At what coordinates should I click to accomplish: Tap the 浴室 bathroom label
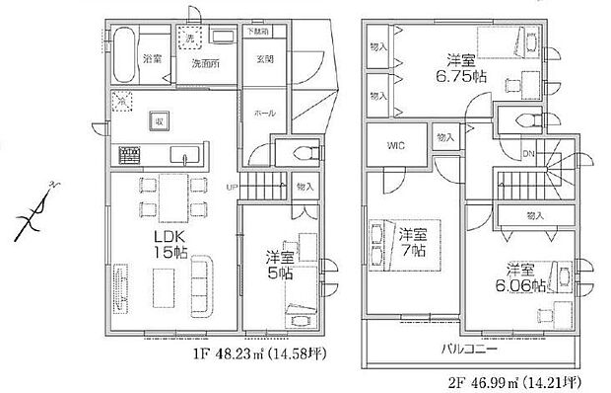point(153,59)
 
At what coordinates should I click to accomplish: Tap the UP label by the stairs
point(231,187)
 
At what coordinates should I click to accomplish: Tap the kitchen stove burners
point(129,155)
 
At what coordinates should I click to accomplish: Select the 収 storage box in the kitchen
point(157,119)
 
